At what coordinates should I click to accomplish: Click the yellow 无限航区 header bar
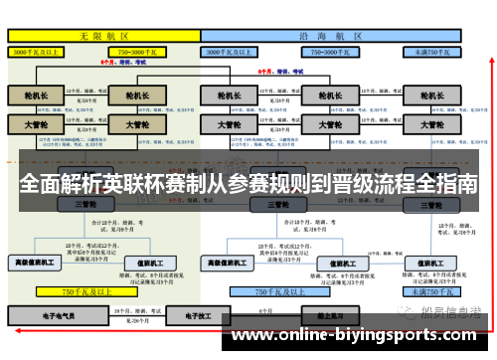coord(103,35)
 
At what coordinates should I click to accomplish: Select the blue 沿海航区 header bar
coord(332,35)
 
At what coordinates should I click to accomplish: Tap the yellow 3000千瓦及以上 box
coord(36,50)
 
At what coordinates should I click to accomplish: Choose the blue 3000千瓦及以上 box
coord(238,50)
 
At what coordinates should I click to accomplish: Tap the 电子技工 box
coord(184,314)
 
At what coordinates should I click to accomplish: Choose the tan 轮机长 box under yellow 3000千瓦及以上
coord(36,96)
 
